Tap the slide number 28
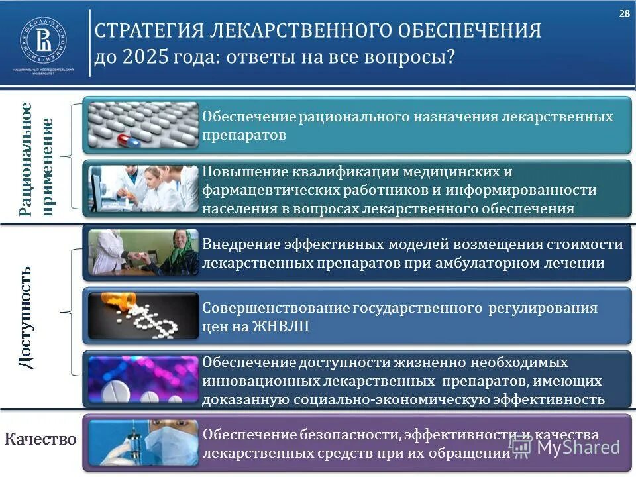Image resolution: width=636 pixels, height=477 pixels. click(x=624, y=14)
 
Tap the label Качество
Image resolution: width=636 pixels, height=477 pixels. click(x=40, y=439)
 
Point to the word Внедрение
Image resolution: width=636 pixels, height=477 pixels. click(x=240, y=244)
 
